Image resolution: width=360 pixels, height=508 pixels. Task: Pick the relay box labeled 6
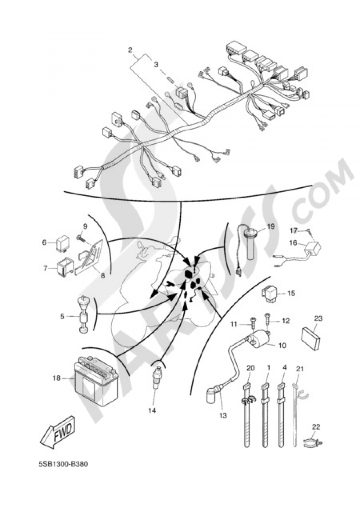pos(62,244)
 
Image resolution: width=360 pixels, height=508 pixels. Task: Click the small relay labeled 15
pos(269,294)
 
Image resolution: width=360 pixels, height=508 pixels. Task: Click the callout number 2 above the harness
pos(130,50)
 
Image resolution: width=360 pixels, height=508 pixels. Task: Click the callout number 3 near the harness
pos(156,65)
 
